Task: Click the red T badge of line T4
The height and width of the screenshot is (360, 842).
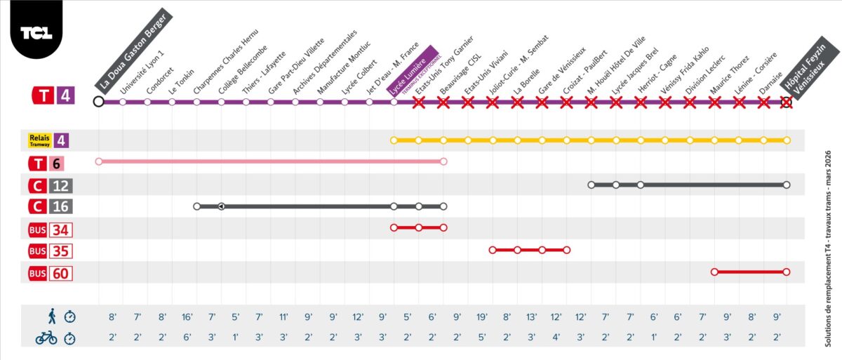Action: coord(44,96)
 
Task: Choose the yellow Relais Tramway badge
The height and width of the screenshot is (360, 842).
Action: coord(40,140)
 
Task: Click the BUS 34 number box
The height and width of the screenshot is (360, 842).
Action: coord(60,229)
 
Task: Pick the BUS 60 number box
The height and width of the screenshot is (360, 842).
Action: coord(60,273)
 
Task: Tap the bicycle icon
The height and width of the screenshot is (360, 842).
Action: coord(46,338)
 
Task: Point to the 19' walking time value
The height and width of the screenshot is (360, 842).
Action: coord(482,316)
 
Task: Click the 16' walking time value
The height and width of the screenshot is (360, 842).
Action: coord(187,316)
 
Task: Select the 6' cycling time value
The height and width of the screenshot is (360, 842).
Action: coord(187,338)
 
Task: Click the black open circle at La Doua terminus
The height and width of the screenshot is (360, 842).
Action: coord(99,102)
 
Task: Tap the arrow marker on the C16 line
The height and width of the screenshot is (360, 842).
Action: coord(221,206)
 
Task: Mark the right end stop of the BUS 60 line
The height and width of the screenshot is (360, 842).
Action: coord(786,272)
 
